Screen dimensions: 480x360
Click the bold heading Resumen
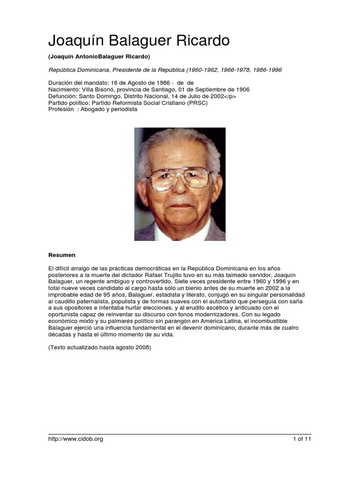pyautogui.click(x=62, y=255)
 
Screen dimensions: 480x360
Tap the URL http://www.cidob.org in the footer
pyautogui.click(x=75, y=439)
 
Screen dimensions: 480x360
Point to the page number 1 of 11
pyautogui.click(x=302, y=439)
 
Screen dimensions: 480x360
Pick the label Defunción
pyautogui.click(x=64, y=96)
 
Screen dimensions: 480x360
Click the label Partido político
pyautogui.click(x=69, y=103)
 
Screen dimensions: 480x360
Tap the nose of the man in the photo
pyautogui.click(x=180, y=186)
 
